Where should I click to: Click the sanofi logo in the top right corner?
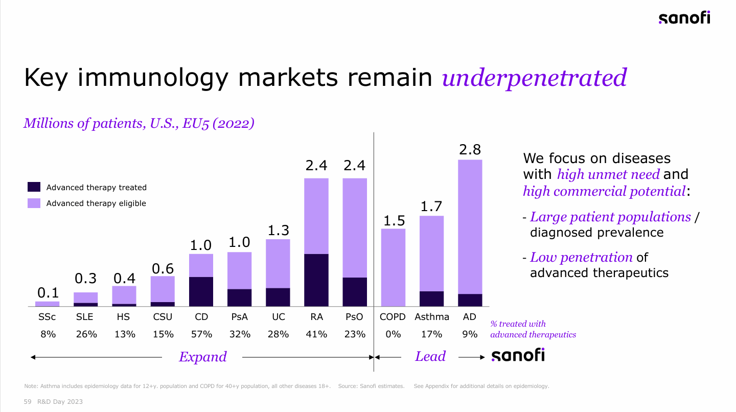tap(684, 18)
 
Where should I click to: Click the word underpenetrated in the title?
tap(534, 78)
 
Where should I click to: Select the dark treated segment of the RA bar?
tap(316, 280)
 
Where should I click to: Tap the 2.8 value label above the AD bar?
tap(470, 150)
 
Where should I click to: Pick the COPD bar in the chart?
tap(393, 267)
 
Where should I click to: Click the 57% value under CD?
tap(201, 334)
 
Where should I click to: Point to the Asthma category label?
tap(432, 317)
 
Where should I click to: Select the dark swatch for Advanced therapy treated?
tap(34, 187)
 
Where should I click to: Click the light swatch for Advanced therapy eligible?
tap(34, 203)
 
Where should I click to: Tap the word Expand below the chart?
tap(202, 357)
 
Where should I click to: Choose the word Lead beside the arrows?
tap(430, 357)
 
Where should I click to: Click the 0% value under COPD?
tap(393, 334)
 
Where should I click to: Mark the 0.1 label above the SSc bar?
tap(48, 293)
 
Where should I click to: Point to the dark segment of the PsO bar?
tap(355, 292)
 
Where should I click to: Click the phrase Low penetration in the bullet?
tap(581, 257)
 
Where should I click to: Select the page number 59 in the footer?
tap(28, 402)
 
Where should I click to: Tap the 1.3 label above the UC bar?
tap(278, 231)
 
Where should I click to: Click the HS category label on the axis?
tap(123, 317)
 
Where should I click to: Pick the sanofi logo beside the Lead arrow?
tap(518, 356)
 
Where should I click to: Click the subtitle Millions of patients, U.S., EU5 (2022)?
tap(139, 123)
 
